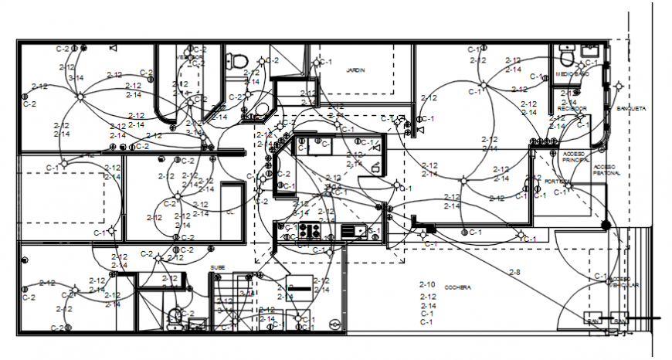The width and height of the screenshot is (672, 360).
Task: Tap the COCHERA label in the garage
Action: [457, 287]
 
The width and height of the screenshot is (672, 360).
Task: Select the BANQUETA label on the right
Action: [631, 109]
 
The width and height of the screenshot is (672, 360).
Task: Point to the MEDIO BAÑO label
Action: [572, 74]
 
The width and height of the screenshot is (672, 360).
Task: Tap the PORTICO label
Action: [558, 182]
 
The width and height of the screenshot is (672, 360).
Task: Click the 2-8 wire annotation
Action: [514, 272]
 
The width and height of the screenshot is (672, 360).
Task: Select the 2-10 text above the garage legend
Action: [427, 284]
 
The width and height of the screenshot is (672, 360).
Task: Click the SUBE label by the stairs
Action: [218, 267]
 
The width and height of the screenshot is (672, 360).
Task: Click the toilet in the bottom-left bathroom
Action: [176, 315]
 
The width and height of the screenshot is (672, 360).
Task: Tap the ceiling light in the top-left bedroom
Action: [80, 96]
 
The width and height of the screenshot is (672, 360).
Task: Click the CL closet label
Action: [230, 212]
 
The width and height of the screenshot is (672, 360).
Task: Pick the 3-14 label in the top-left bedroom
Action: [76, 78]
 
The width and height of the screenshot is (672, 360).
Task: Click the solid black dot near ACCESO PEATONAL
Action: [606, 225]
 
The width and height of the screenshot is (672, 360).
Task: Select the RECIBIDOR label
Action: [572, 108]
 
